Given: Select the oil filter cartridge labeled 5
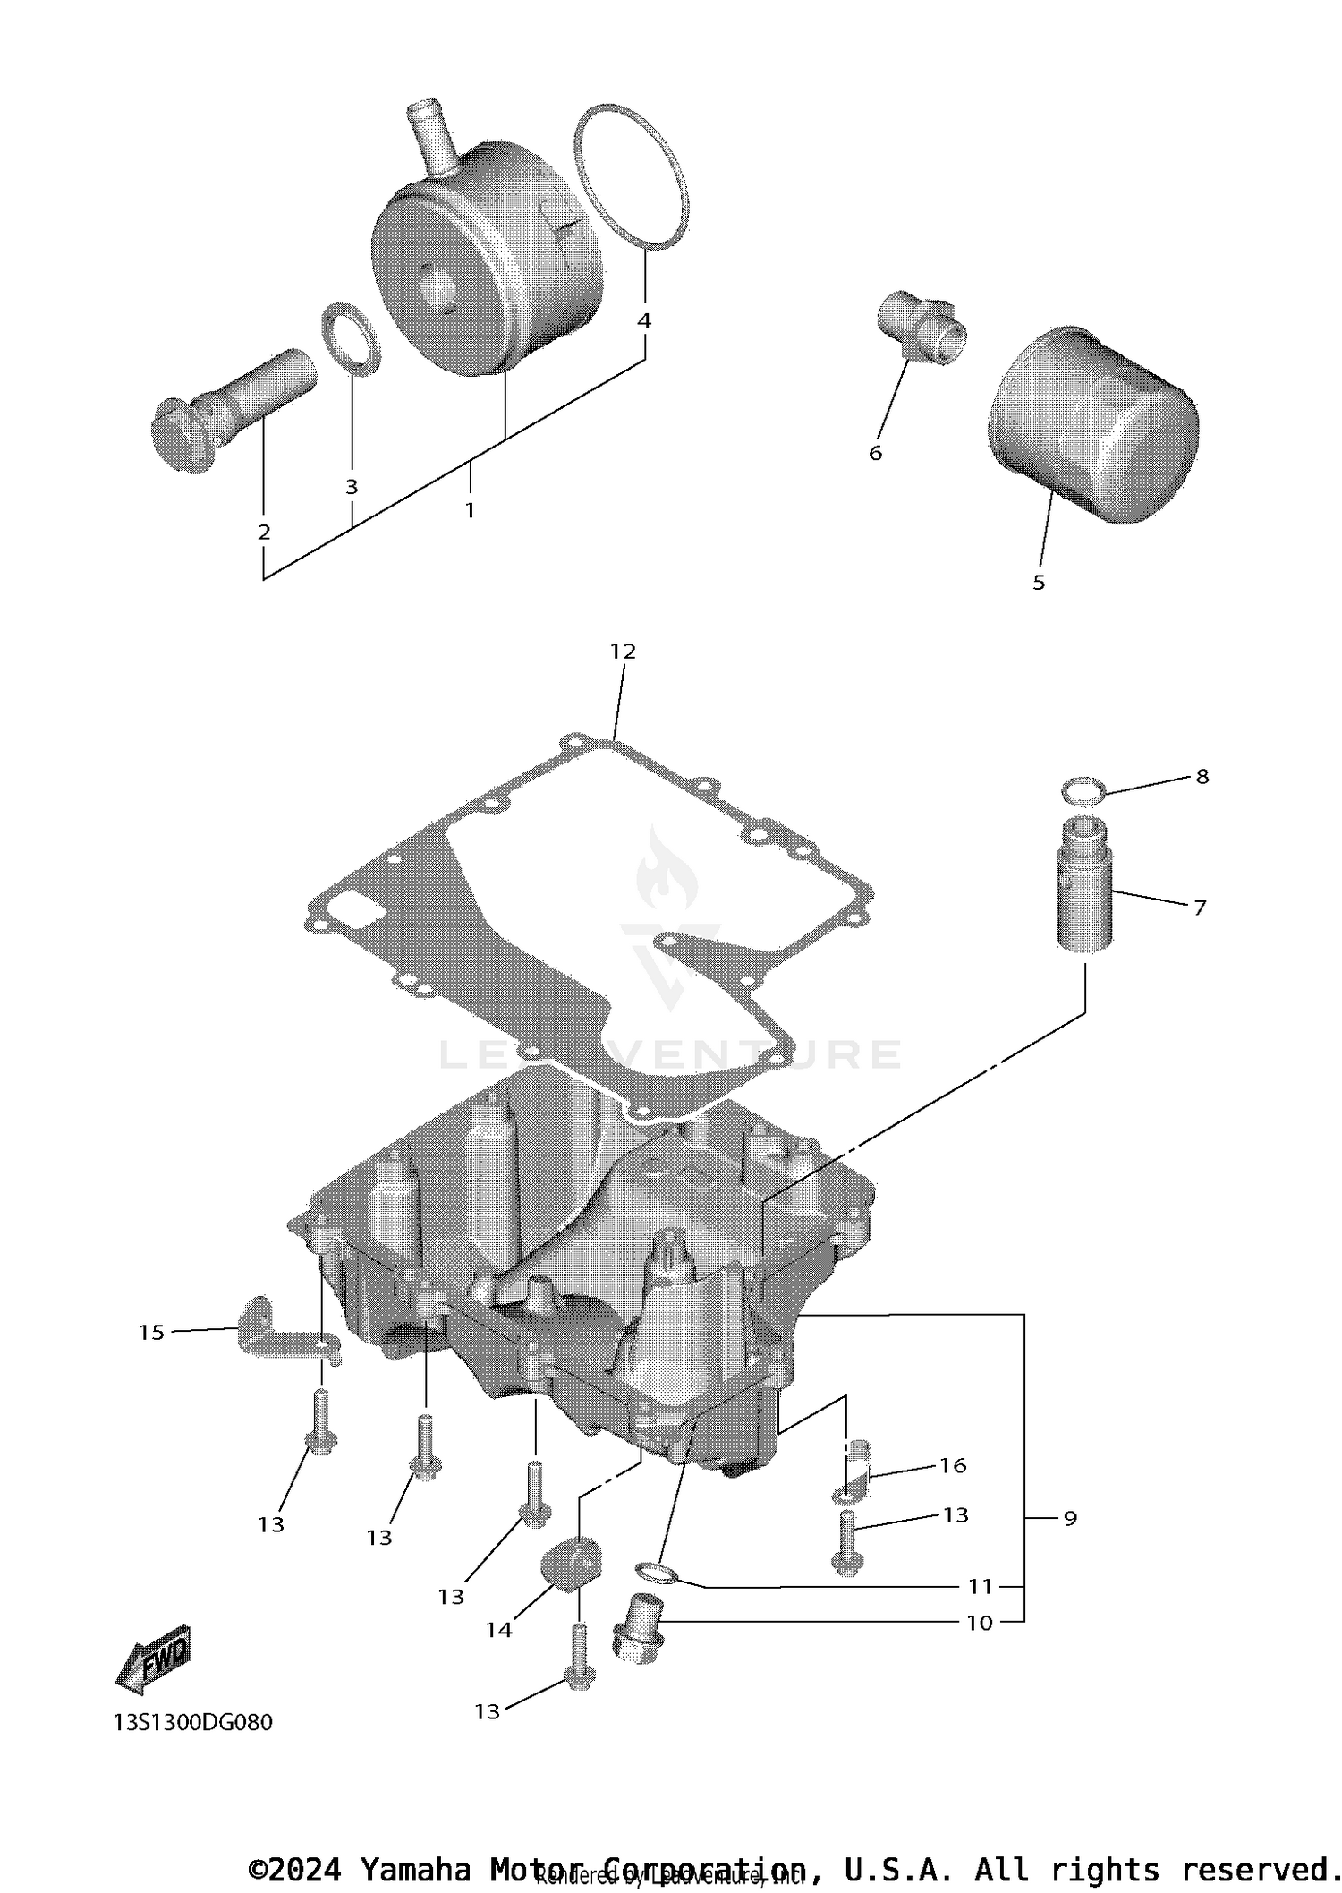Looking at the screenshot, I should click(x=1093, y=426).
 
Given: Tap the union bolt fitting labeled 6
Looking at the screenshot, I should click(x=920, y=327).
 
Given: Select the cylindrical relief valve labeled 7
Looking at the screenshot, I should click(x=1085, y=884).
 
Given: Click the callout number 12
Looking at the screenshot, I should click(x=623, y=652).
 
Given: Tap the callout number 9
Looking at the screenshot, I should click(x=1070, y=1518).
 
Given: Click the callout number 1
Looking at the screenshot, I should click(x=469, y=510).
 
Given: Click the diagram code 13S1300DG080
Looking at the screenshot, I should click(x=193, y=1723).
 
